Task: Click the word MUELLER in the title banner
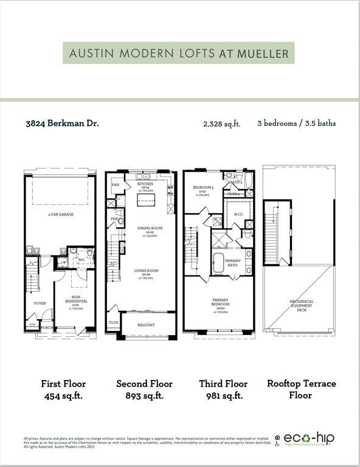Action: pos(263,54)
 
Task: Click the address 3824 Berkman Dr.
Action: pos(63,123)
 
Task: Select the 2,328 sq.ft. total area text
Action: pos(221,123)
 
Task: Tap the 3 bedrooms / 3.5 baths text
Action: pos(296,123)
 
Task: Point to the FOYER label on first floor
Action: pos(40,302)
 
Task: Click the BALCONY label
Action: pos(145,325)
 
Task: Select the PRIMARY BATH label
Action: pos(233,262)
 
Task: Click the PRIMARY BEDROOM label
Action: pos(220,302)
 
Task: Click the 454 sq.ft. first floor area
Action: pos(63,395)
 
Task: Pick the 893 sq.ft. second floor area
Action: pos(144,395)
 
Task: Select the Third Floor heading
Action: pos(223,384)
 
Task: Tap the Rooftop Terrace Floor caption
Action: pos(302,389)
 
